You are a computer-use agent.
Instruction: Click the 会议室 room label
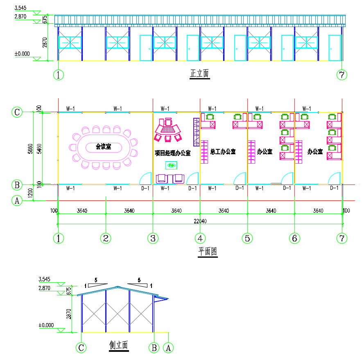104,146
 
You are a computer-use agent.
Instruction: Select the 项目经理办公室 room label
173,153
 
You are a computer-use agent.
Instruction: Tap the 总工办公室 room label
223,151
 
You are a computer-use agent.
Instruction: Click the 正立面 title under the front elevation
199,73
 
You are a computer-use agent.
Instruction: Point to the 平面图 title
208,251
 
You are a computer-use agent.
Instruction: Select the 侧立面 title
118,345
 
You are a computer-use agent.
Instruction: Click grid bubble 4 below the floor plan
200,238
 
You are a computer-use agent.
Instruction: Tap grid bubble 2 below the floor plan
106,238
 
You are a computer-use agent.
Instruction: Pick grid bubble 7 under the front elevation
342,75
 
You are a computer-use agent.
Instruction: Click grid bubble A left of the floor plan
17,200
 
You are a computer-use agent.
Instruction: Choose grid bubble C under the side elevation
81,348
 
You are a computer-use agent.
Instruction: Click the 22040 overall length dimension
200,221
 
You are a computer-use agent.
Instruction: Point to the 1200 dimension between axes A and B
30,193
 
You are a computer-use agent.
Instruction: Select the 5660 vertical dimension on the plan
30,149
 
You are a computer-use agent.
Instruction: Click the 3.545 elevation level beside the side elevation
44,279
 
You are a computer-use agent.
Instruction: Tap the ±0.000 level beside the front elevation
22,54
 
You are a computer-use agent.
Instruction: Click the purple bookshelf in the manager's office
197,132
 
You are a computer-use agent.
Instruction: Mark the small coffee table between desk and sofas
171,165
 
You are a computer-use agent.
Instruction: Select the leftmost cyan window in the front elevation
70,43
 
